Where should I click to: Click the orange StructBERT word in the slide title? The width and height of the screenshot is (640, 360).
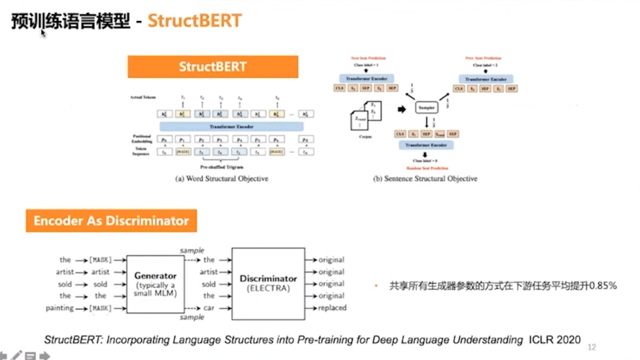[195, 21]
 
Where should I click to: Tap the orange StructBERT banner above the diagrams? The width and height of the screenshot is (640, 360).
[213, 67]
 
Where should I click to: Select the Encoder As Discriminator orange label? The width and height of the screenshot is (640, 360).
[111, 221]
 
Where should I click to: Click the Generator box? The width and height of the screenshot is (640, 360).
[155, 284]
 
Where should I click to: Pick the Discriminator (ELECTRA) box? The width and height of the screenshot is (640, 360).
[268, 283]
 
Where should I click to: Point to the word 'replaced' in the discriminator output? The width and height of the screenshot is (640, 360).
[332, 308]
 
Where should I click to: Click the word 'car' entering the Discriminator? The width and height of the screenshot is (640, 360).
[209, 308]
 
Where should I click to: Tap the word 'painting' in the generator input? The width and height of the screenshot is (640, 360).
[59, 308]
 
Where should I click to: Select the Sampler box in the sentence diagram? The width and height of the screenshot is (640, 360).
[427, 107]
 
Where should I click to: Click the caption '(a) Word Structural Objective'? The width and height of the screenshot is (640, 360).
[222, 179]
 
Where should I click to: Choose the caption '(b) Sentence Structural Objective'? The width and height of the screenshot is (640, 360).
[425, 179]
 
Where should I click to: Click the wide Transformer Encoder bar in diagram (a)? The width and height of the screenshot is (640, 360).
[231, 127]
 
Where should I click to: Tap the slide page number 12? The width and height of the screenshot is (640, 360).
[592, 347]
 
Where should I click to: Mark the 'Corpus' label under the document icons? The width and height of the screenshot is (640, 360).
[364, 137]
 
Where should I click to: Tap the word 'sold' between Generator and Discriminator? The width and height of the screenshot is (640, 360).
[209, 284]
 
